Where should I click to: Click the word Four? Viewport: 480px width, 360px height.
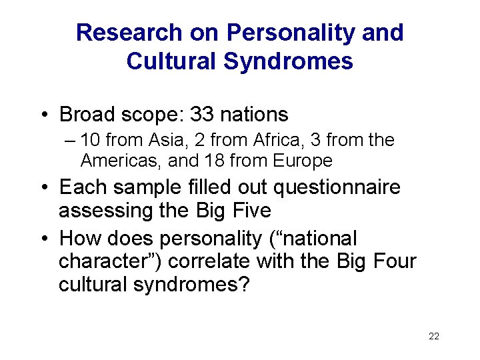pos(393,261)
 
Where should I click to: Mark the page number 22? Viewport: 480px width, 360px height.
pos(434,336)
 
